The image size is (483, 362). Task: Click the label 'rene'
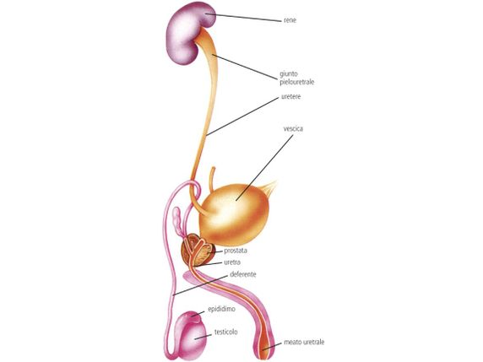(290, 20)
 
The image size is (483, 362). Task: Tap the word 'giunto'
(289, 74)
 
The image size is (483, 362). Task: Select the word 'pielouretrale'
(297, 82)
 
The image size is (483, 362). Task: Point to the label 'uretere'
(290, 97)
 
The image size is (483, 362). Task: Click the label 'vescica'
(293, 128)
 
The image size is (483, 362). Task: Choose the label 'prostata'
(236, 251)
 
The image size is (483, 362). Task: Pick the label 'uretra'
(232, 262)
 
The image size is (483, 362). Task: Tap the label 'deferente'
(242, 274)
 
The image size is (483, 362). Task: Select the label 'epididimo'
(221, 309)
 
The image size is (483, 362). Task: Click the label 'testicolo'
(225, 332)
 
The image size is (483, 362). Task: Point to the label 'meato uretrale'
(304, 342)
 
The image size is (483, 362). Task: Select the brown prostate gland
(198, 251)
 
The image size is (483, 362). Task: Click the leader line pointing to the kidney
(244, 17)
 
